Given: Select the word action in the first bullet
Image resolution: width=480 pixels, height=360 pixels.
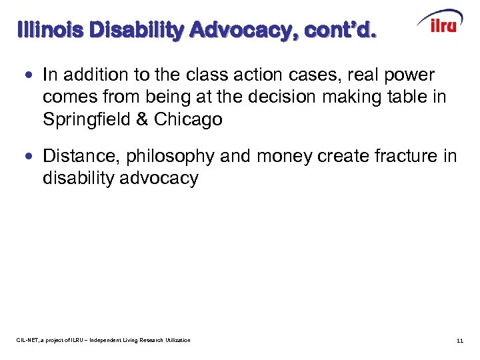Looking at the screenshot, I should (257, 76).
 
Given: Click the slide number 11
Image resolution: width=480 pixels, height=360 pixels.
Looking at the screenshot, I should (459, 341).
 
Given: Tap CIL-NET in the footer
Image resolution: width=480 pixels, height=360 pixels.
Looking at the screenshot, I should (28, 341).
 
